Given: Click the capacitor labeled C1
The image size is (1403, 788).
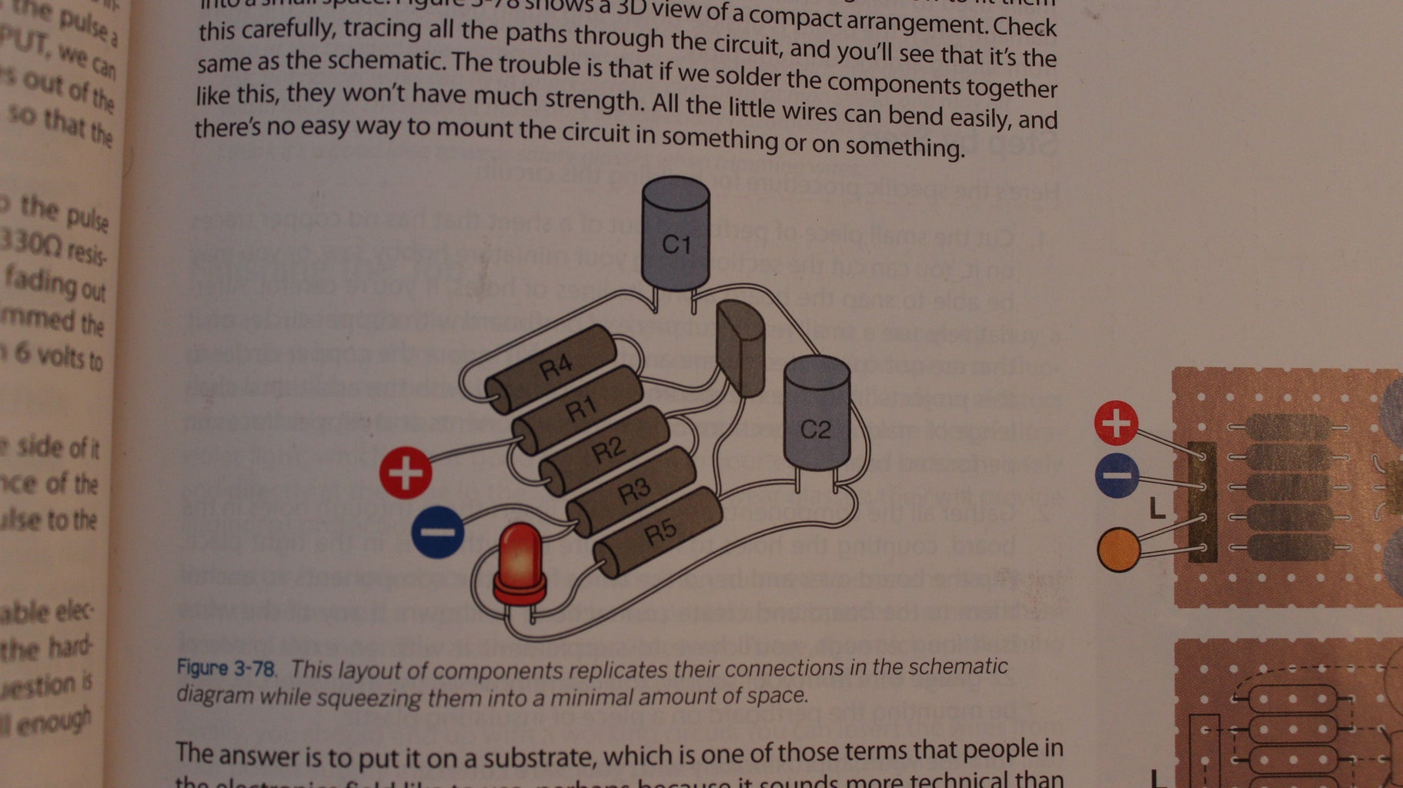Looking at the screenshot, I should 676,235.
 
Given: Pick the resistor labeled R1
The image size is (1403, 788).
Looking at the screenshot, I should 579,408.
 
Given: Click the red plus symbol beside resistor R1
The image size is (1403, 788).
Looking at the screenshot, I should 406,472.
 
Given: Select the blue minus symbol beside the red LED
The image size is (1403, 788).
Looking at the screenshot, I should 437,531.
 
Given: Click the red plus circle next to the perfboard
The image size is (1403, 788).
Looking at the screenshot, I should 1116,422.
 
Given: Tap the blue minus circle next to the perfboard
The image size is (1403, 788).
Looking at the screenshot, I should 1117,475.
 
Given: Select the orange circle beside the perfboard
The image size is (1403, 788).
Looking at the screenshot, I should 1118,549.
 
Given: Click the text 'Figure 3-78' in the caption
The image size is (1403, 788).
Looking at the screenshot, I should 225,667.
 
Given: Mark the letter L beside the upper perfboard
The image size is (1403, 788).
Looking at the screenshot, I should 1157,508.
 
